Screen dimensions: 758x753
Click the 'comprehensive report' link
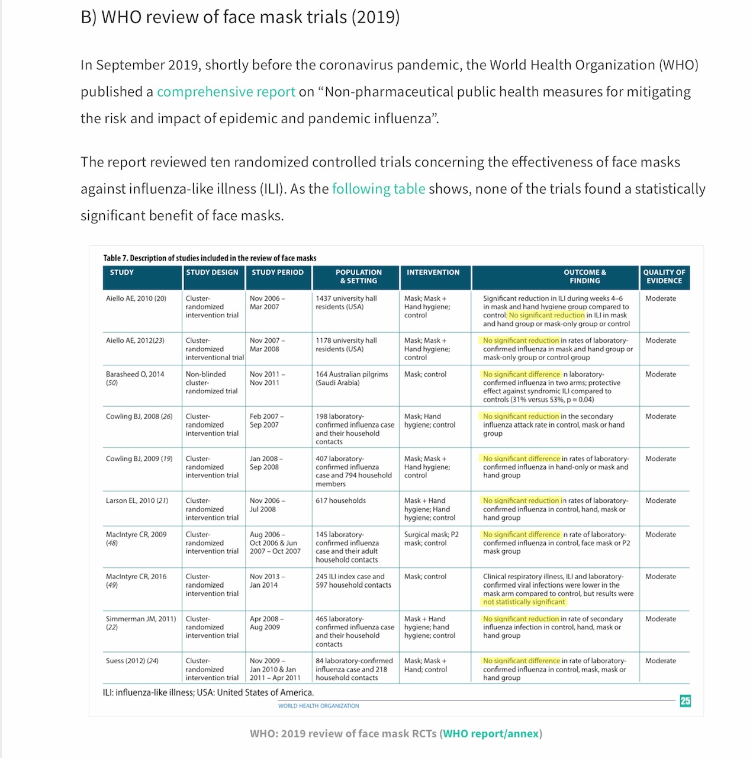click(x=226, y=92)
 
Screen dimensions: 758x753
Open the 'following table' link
click(x=378, y=189)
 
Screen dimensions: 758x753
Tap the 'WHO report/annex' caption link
click(x=491, y=734)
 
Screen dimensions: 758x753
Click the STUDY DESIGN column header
click(x=212, y=272)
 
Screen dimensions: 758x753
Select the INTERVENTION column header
click(x=433, y=272)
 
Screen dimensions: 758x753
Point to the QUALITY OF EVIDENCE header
click(x=664, y=277)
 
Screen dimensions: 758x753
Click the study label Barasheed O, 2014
click(x=135, y=374)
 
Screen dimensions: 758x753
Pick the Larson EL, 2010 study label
click(x=137, y=500)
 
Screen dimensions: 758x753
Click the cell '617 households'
click(x=340, y=500)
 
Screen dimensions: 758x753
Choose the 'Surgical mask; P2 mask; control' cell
click(x=431, y=538)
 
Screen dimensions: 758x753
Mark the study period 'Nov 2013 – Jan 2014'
click(x=267, y=580)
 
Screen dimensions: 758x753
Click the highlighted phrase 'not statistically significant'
click(x=524, y=602)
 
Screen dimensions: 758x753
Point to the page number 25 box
click(x=685, y=701)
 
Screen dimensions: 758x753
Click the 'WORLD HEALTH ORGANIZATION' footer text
click(x=318, y=706)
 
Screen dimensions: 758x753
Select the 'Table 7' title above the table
click(x=210, y=258)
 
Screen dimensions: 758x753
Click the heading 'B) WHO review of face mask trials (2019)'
click(x=240, y=17)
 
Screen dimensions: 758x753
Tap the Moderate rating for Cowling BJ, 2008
click(x=660, y=416)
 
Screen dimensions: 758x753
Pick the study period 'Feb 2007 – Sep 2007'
click(x=266, y=420)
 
